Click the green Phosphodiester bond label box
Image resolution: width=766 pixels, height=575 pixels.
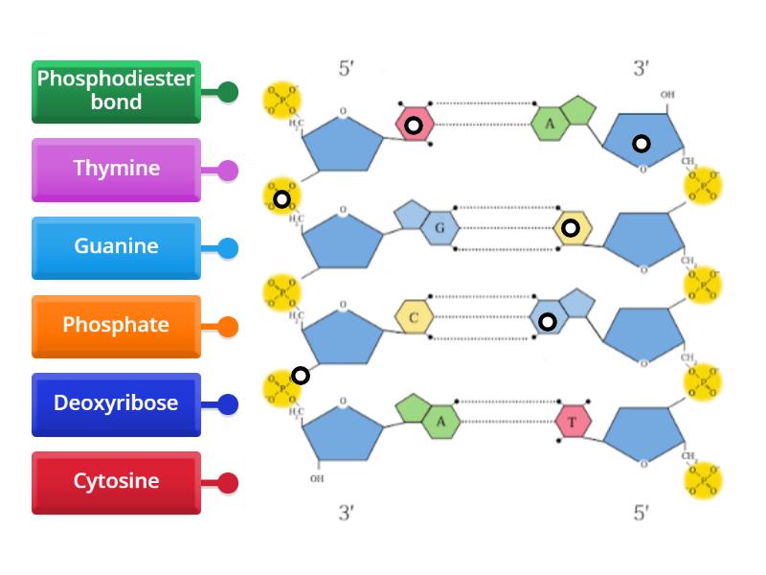pyautogui.click(x=116, y=91)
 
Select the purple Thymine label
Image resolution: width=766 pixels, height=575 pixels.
pyautogui.click(x=116, y=170)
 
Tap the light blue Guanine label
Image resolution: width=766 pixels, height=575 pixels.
pyautogui.click(x=116, y=247)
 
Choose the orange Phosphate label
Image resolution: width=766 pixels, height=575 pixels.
pyautogui.click(x=116, y=326)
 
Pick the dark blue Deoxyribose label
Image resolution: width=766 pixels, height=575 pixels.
pyautogui.click(x=116, y=403)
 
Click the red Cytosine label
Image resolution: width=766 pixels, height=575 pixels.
pyautogui.click(x=116, y=482)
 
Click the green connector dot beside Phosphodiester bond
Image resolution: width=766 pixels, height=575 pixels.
pyautogui.click(x=228, y=92)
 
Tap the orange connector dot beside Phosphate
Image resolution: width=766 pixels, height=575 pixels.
pyautogui.click(x=228, y=327)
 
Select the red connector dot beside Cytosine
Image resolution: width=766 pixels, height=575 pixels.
pyautogui.click(x=228, y=483)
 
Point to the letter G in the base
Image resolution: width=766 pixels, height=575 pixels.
pyautogui.click(x=439, y=228)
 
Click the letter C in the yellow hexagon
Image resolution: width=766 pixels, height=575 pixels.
pyautogui.click(x=414, y=318)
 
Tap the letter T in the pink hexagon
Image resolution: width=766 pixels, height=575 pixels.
pyautogui.click(x=573, y=423)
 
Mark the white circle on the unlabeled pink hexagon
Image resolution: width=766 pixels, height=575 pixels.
pyautogui.click(x=413, y=126)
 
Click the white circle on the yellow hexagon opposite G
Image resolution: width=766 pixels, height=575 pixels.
pyautogui.click(x=571, y=228)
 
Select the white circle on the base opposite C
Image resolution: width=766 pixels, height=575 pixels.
pyautogui.click(x=547, y=321)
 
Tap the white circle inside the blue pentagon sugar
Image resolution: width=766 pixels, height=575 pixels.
pyautogui.click(x=641, y=144)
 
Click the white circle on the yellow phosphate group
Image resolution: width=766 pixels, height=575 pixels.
pyautogui.click(x=282, y=199)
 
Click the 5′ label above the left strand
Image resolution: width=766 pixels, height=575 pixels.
pyautogui.click(x=348, y=69)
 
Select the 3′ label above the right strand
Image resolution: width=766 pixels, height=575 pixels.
pyautogui.click(x=641, y=69)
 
